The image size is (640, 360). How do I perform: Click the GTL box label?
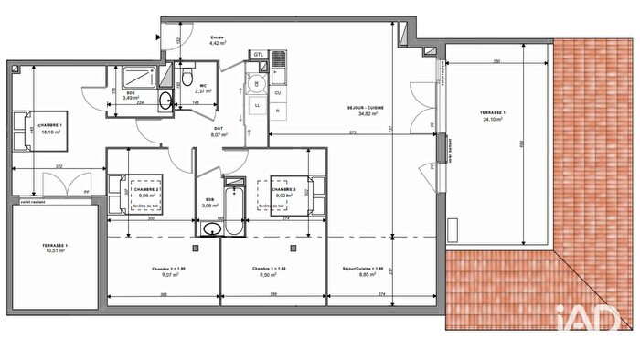pyautogui.click(x=259, y=54)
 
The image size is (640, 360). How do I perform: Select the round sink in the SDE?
pyautogui.click(x=165, y=99)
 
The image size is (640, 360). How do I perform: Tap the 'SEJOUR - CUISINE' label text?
pyautogui.click(x=364, y=109)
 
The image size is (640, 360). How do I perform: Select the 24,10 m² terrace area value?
pyautogui.click(x=493, y=120)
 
